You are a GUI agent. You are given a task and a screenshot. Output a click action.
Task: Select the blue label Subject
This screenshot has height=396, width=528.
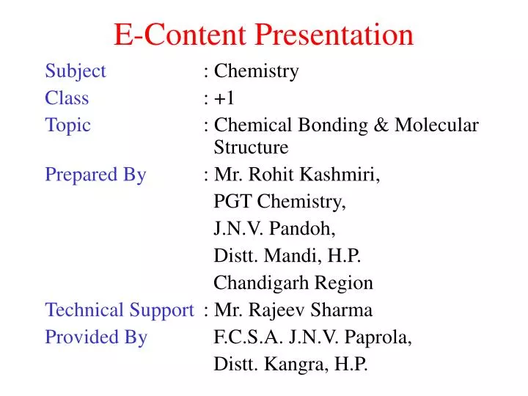coord(76,72)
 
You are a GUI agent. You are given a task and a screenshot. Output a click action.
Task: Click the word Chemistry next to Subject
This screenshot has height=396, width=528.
coord(257,72)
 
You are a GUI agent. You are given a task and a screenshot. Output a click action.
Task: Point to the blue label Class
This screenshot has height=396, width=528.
coord(67,98)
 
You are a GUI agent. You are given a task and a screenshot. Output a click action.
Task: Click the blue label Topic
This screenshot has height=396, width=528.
coord(67,125)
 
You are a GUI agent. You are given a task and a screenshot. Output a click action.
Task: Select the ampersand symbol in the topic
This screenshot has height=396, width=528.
coord(383,125)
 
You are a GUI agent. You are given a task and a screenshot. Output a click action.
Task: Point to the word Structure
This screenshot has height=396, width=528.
coord(251,147)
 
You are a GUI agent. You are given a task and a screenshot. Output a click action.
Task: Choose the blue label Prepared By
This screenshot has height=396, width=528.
coord(95,175)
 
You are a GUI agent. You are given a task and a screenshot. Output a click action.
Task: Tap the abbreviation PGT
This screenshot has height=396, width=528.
coord(230,202)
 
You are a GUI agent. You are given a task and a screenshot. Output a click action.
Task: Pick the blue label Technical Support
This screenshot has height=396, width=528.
coord(119,310)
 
